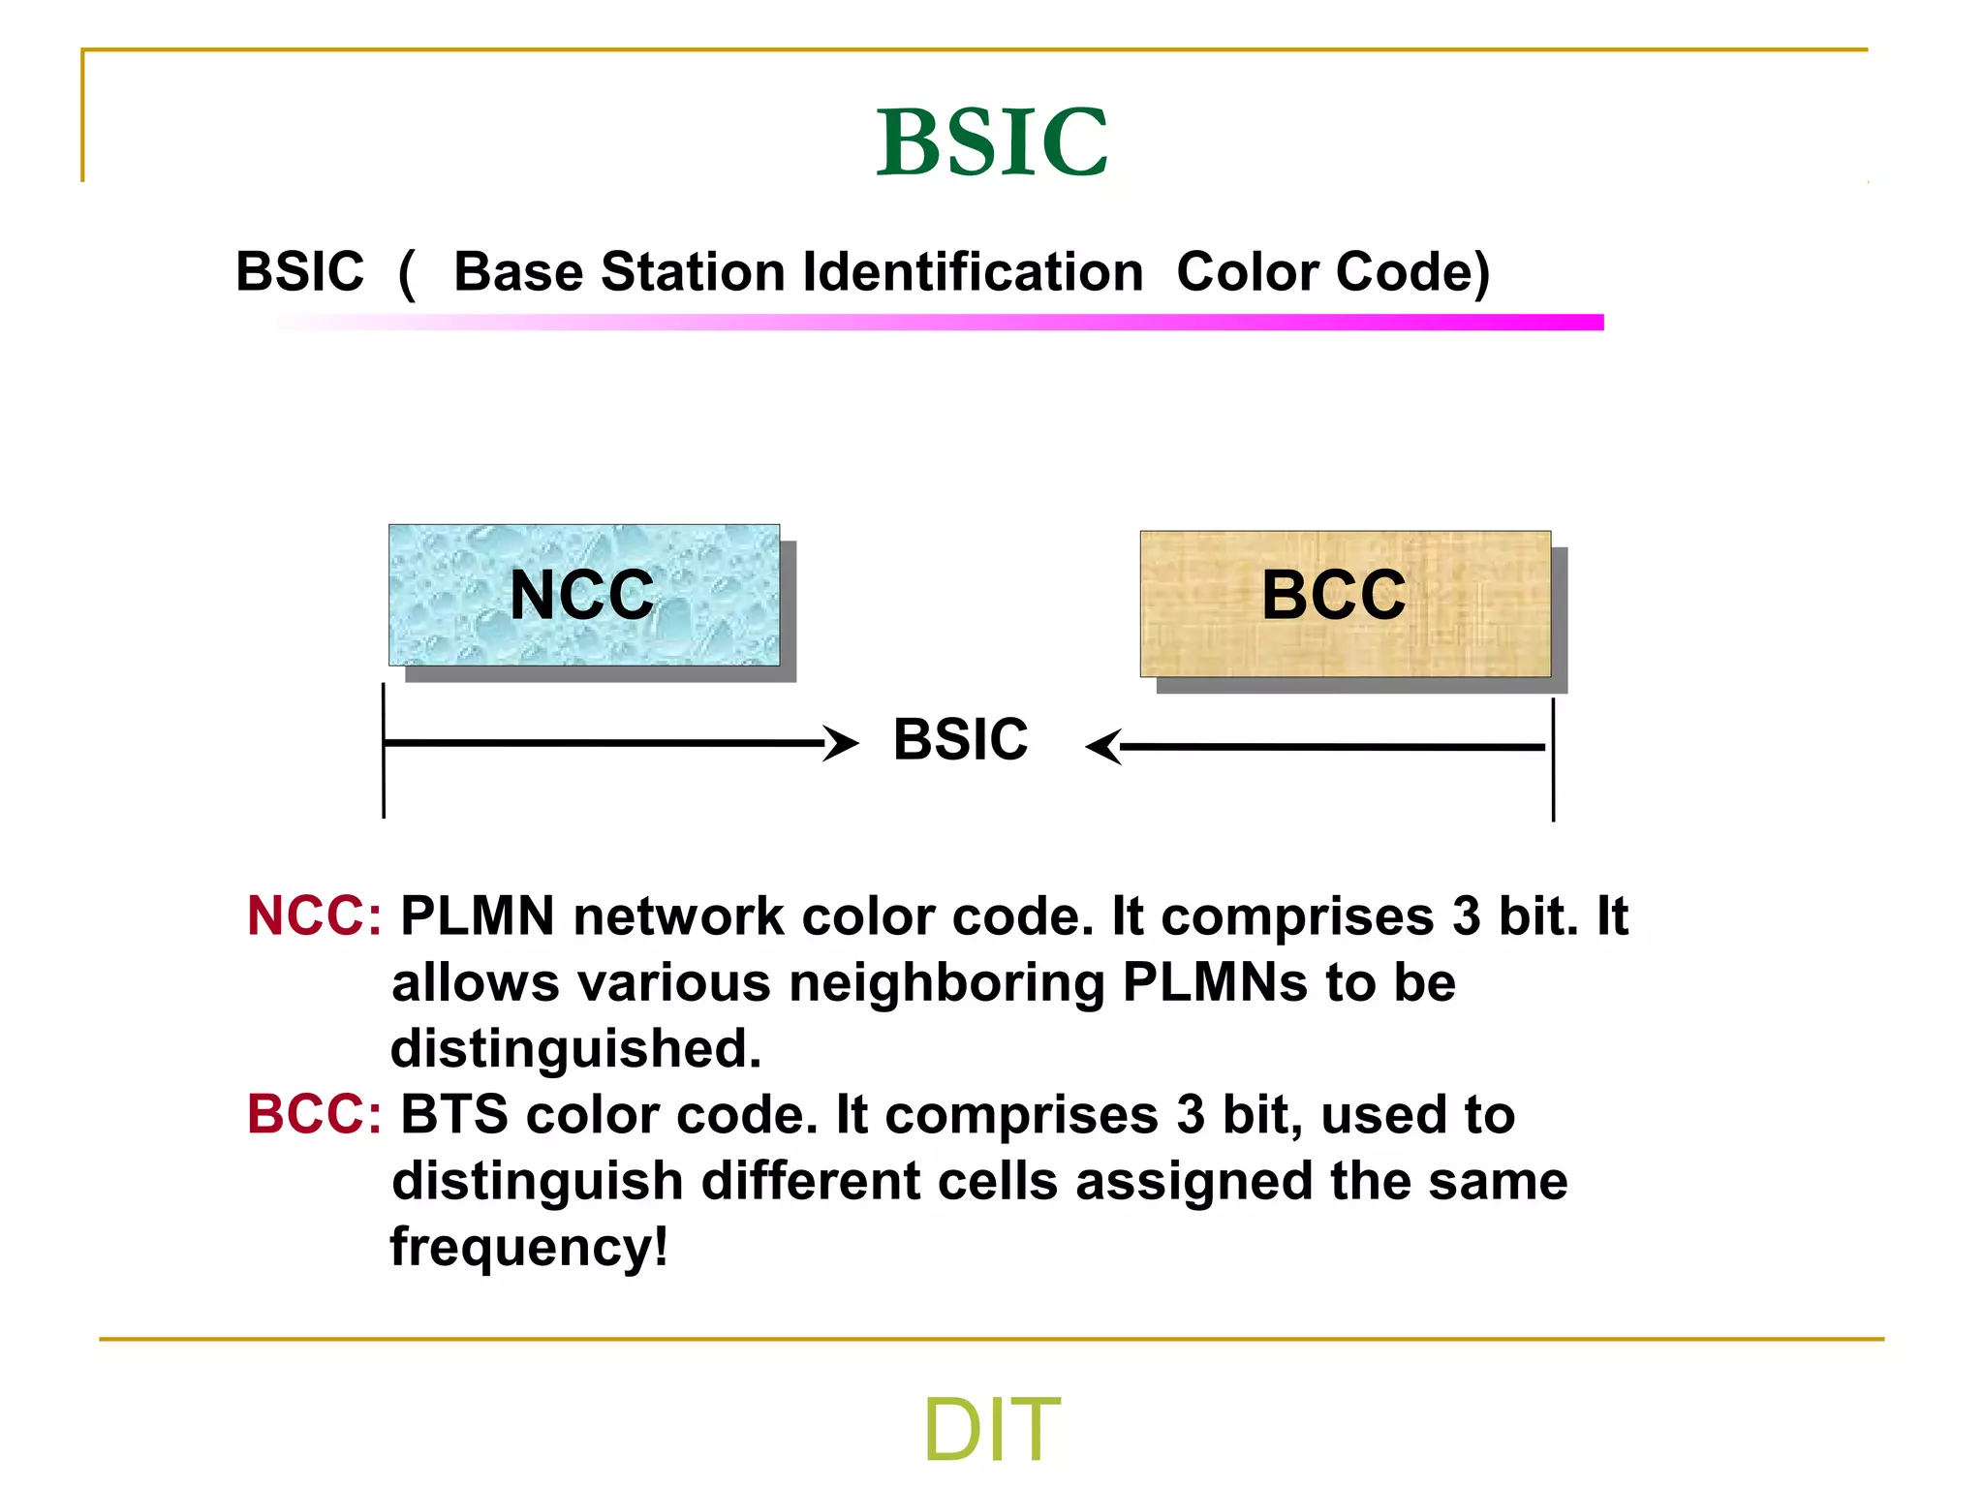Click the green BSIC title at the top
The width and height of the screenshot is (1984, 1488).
point(991,142)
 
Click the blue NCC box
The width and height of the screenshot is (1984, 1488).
point(583,595)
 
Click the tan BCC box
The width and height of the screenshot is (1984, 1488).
point(1345,603)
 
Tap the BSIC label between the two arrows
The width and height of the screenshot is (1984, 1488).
point(960,740)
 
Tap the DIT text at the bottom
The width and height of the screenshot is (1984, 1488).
point(991,1429)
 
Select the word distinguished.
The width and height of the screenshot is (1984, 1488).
point(575,1048)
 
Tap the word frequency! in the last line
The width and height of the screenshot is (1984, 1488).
point(529,1248)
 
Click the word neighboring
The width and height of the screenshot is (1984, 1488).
point(946,983)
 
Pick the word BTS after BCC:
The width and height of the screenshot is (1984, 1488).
point(453,1114)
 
